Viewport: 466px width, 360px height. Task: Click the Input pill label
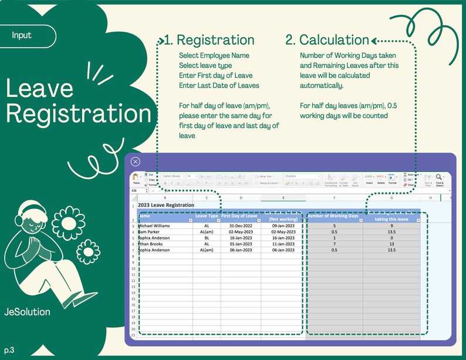point(22,35)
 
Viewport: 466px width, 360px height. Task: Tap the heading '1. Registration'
point(209,40)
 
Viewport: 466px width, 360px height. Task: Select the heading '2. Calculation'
point(327,40)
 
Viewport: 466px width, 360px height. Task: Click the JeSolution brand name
point(27,312)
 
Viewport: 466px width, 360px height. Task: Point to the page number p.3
point(9,350)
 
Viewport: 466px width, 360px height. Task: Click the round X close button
point(136,162)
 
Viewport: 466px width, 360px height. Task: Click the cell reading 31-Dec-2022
point(241,225)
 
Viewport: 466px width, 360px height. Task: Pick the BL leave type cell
point(207,237)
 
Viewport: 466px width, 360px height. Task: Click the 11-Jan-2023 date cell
point(283,244)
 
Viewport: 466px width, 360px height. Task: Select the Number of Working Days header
point(333,216)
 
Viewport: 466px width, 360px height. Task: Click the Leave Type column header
point(206,216)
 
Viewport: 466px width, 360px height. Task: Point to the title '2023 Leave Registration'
point(166,205)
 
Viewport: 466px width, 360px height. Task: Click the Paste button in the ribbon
point(136,179)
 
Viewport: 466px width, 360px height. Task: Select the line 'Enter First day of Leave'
point(215,75)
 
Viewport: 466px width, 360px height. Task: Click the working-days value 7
point(334,244)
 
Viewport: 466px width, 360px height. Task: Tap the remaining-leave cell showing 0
point(391,237)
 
